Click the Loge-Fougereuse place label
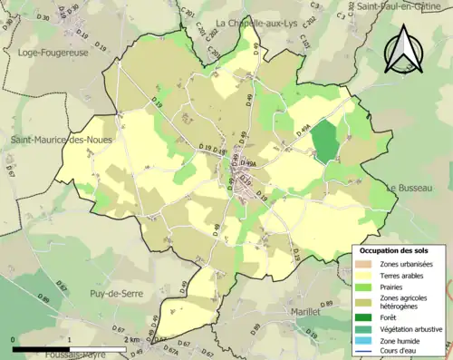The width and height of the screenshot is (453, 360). tap(51, 53)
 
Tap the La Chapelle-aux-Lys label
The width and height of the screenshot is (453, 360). tap(256, 23)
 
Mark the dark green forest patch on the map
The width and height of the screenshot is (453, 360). tap(324, 141)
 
